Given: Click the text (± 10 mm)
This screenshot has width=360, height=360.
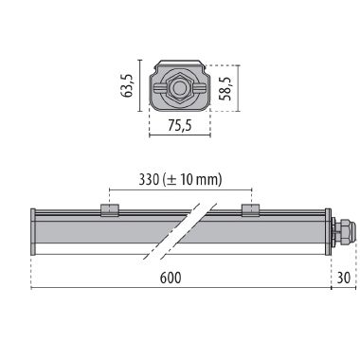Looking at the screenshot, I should pyautogui.click(x=191, y=180).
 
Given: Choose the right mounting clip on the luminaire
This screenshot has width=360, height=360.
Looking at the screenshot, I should pyautogui.click(x=249, y=209).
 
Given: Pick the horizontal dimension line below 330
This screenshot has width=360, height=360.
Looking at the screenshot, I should pyautogui.click(x=179, y=190).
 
